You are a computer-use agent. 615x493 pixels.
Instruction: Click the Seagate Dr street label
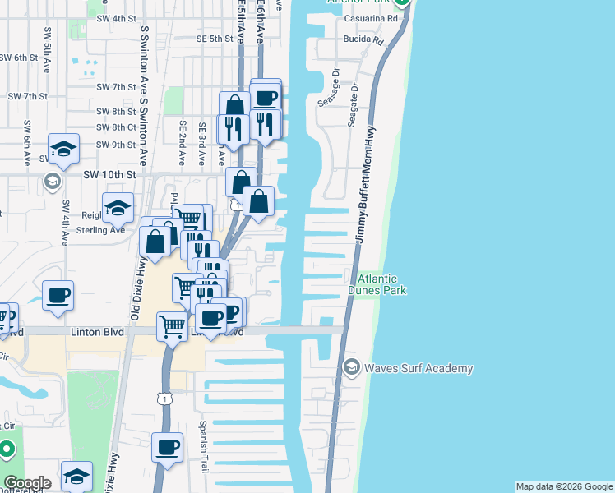click(352, 102)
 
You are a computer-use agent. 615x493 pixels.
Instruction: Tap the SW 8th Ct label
click(116, 127)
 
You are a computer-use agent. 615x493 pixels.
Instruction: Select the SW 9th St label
click(115, 145)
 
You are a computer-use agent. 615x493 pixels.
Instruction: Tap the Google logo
click(27, 483)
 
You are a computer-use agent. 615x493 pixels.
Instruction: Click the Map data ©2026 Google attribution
click(564, 486)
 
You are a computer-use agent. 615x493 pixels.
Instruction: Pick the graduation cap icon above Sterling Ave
click(118, 209)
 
